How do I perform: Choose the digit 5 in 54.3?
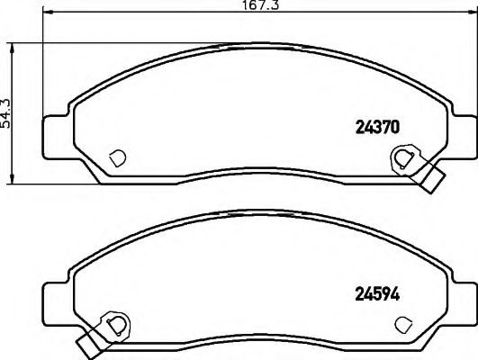pos(10,122)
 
